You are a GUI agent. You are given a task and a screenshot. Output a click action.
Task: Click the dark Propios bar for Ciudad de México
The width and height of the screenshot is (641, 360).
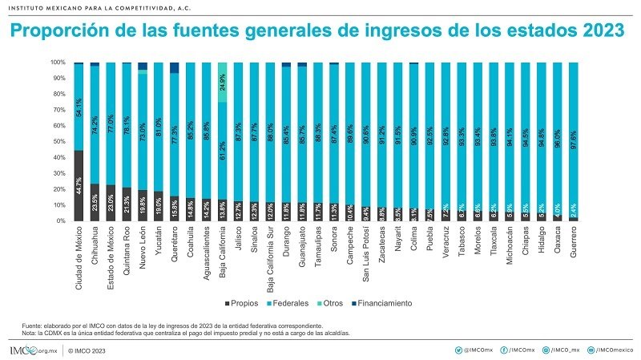pos(79,185)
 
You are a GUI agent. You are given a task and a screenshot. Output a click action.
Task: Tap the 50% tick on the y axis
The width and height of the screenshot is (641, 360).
pos(59,141)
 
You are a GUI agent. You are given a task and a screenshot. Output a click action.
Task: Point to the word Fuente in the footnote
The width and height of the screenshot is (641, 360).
pos(33,325)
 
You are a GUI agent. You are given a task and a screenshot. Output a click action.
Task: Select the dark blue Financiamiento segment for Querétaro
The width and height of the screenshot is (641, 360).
pos(175,67)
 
